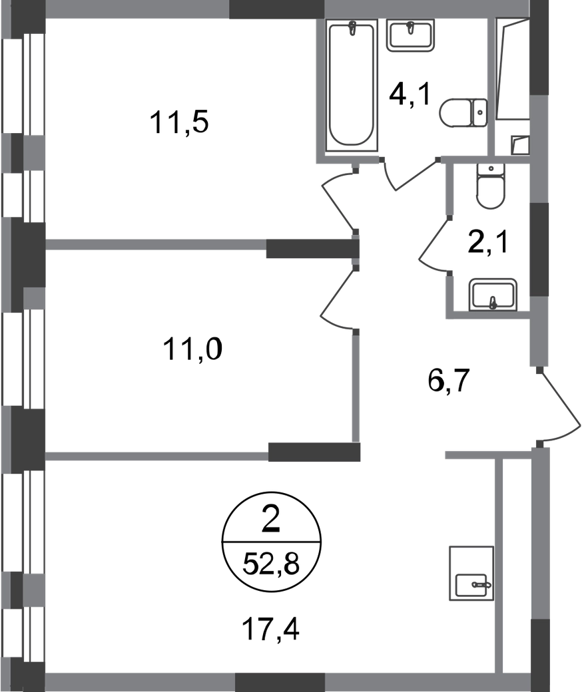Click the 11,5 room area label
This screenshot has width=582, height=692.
(179, 122)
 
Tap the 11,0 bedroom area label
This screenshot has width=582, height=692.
(192, 349)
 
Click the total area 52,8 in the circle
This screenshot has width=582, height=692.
(271, 564)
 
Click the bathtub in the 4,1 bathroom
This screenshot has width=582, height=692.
(352, 85)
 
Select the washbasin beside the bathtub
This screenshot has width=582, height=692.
(411, 35)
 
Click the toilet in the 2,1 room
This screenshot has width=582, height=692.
(490, 186)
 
